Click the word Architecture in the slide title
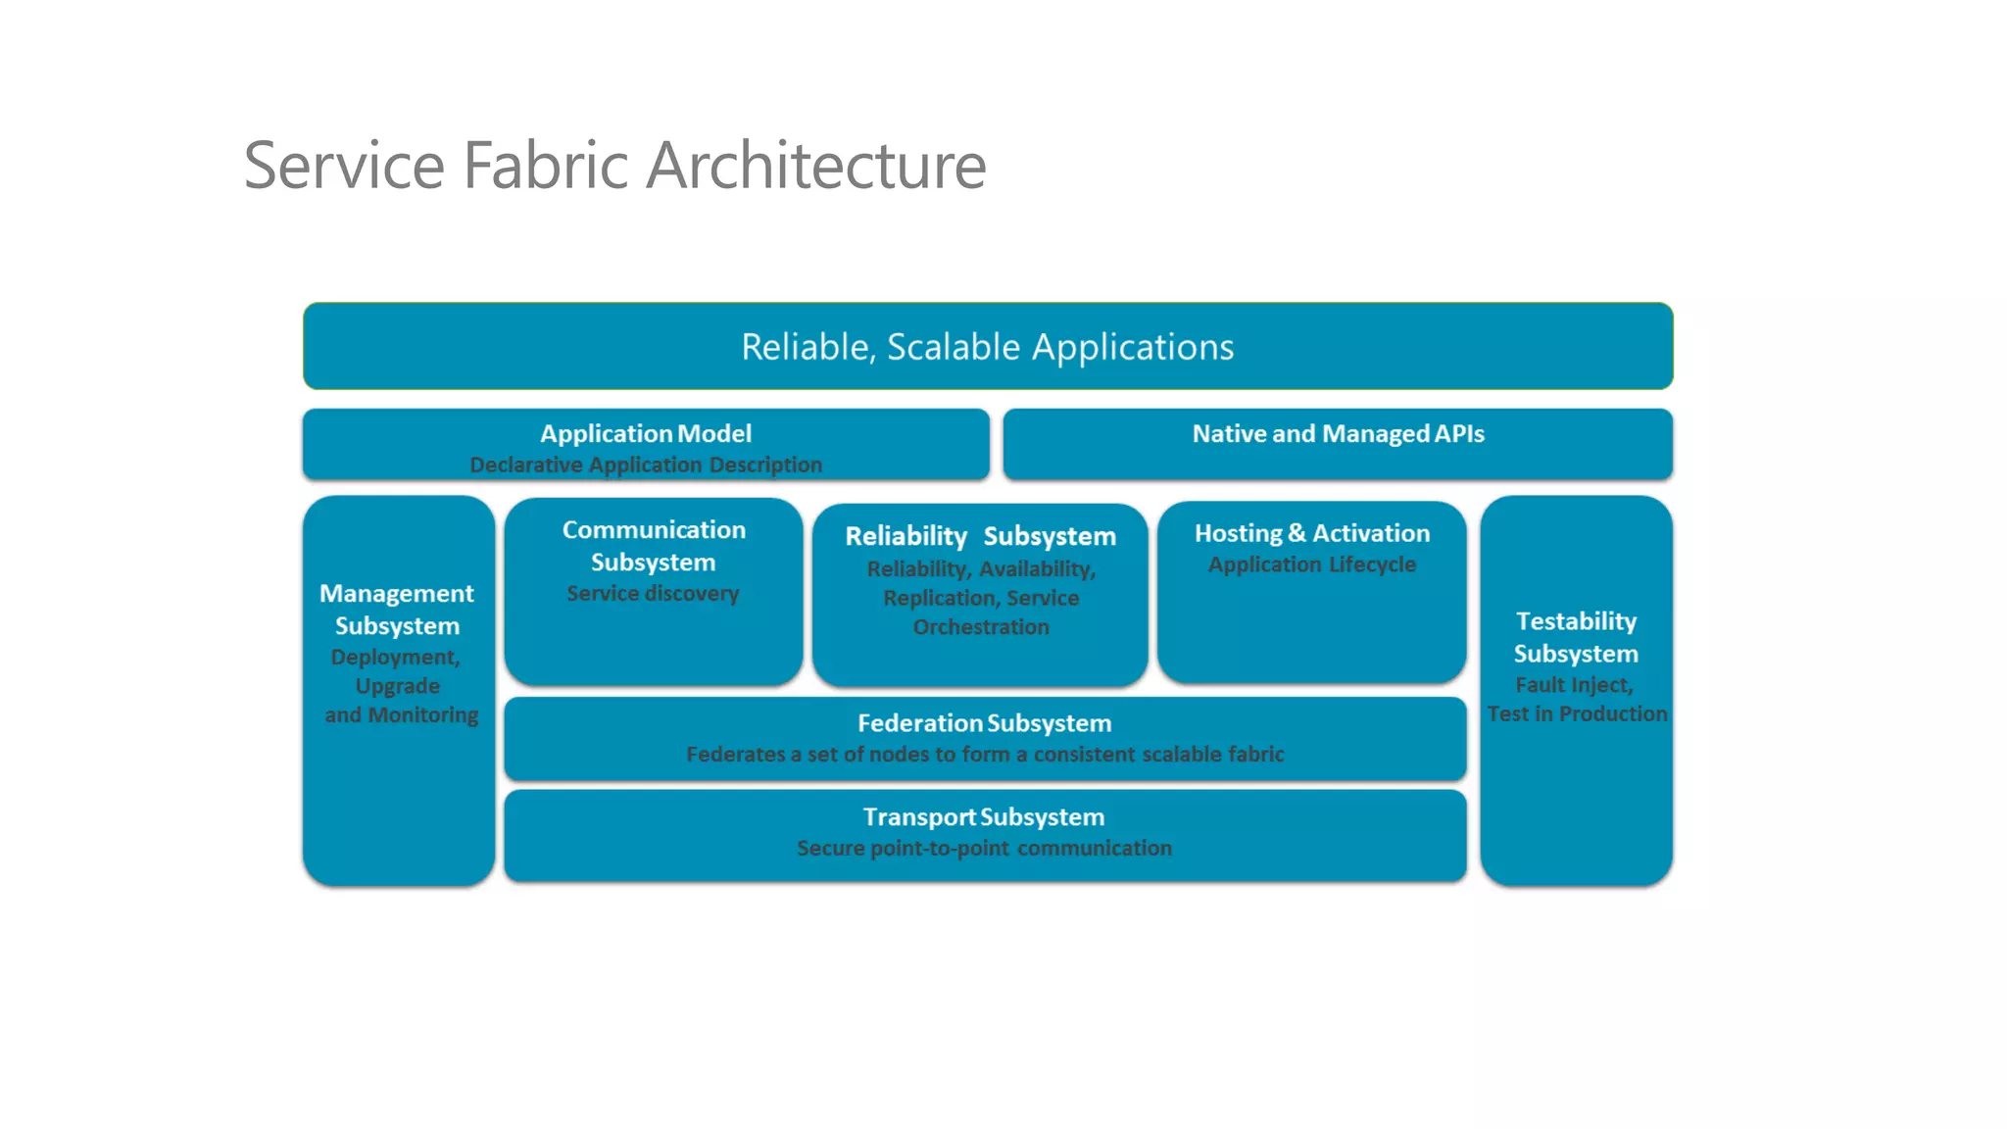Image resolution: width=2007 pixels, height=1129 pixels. (816, 165)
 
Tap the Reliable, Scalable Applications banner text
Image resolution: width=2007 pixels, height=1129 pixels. (987, 347)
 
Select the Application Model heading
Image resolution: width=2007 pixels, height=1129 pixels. (646, 433)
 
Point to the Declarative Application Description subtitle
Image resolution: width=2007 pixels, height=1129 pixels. (646, 465)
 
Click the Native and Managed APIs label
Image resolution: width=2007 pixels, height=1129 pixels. (1338, 433)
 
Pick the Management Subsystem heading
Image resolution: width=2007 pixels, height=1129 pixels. (397, 609)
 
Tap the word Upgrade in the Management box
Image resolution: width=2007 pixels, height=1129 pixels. (397, 686)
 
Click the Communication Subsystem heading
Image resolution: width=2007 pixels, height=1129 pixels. (654, 546)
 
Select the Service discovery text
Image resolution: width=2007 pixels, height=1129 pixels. (653, 593)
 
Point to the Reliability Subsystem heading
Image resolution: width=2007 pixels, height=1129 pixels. (980, 536)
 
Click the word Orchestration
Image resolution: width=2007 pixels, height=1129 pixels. (981, 627)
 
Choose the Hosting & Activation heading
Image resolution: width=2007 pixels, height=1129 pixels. (1311, 533)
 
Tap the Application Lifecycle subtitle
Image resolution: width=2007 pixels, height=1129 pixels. (1311, 564)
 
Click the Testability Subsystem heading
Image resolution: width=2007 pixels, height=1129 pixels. (1576, 637)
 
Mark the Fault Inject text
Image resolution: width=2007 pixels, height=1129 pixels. (1574, 685)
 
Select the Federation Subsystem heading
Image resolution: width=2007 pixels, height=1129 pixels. (984, 723)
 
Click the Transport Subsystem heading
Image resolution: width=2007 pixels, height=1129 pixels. (984, 817)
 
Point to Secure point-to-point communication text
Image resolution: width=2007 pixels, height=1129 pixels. (984, 849)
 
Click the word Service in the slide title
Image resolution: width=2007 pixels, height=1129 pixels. (344, 165)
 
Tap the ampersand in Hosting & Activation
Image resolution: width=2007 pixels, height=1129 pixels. (1297, 533)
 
